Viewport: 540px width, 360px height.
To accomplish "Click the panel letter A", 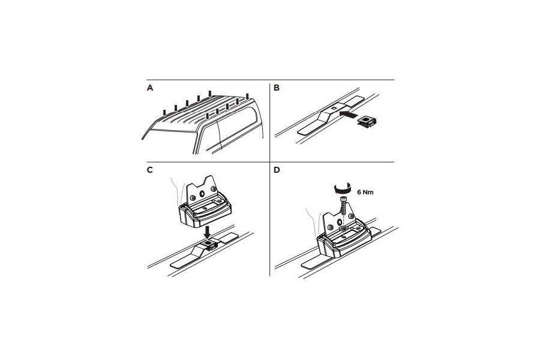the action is click(150, 88).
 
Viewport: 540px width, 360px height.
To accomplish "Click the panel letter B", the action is click(277, 88).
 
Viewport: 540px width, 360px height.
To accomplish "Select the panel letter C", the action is click(150, 170).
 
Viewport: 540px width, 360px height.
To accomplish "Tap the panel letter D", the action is click(277, 170).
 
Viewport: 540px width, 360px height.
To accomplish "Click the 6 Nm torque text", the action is click(365, 192).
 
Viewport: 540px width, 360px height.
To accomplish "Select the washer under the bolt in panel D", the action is click(343, 229).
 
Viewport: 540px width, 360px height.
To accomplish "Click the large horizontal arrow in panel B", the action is click(349, 114).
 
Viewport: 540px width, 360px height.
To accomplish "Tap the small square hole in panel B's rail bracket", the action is click(334, 107).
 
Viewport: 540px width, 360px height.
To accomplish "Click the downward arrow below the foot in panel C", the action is click(207, 232).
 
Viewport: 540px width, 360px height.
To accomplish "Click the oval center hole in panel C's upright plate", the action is click(203, 194).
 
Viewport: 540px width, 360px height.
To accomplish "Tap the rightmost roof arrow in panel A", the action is click(247, 97).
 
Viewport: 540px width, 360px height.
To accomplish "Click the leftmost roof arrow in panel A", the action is click(164, 113).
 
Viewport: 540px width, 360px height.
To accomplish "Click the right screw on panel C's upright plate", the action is click(214, 188).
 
